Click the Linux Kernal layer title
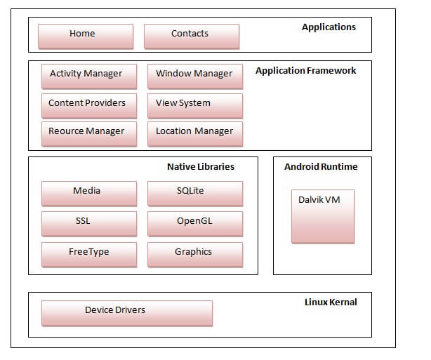click(331, 302)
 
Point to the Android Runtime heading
click(321, 167)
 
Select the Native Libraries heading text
click(201, 167)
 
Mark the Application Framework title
click(305, 71)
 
